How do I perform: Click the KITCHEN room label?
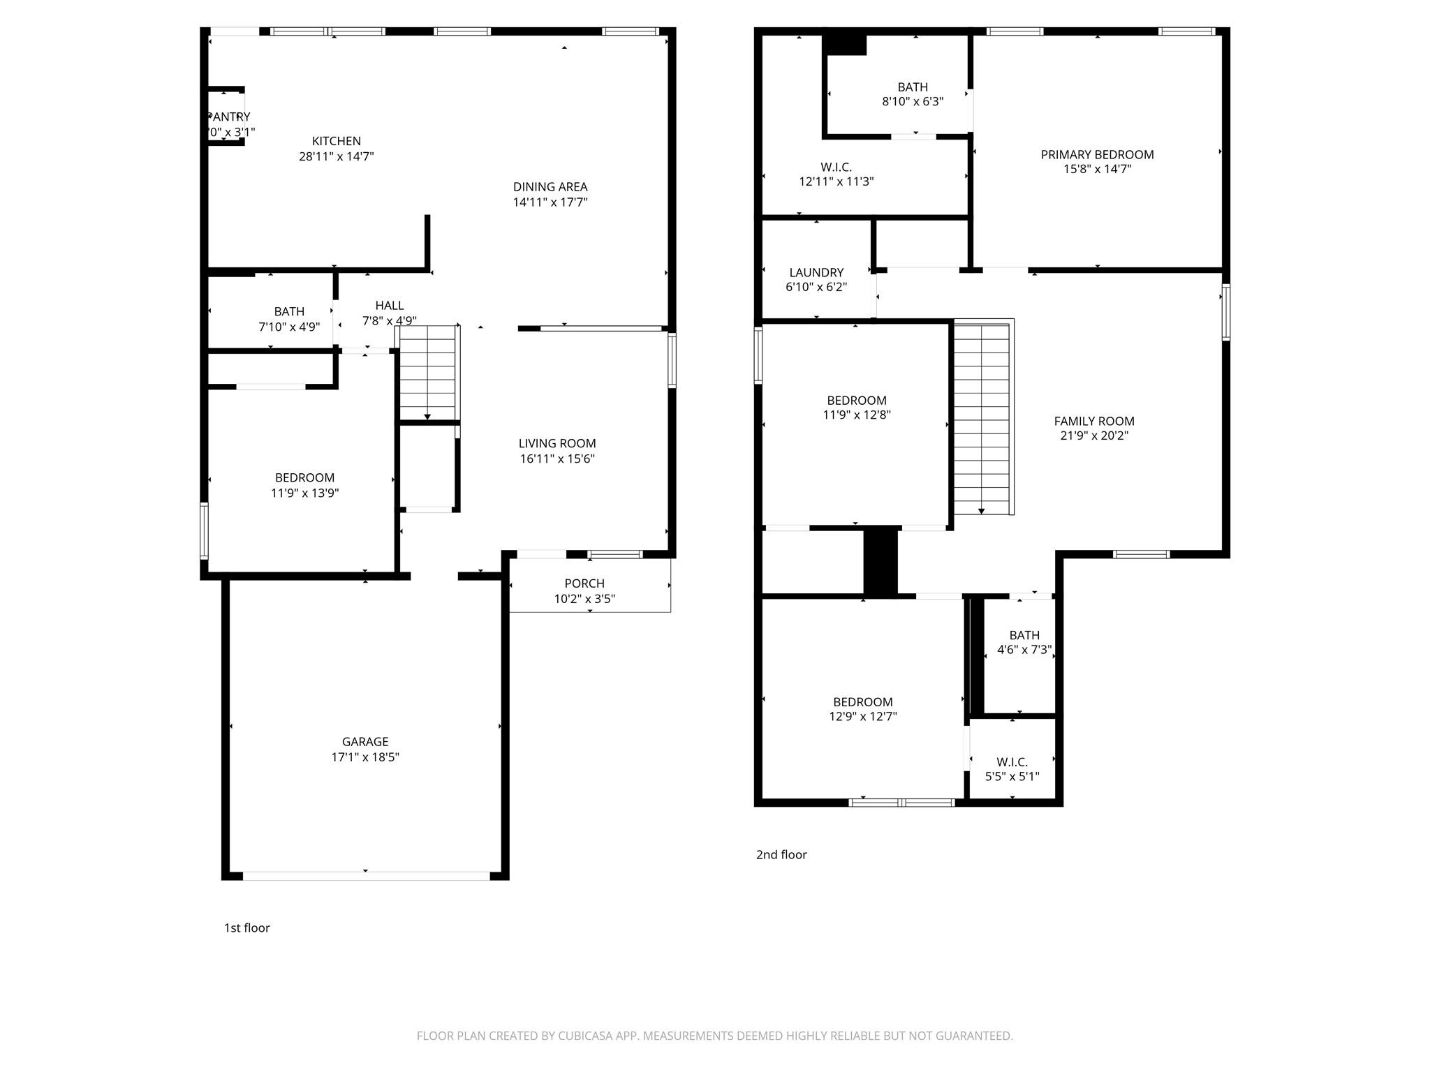[336, 141]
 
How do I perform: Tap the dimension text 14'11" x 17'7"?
[550, 202]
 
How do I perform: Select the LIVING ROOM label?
[556, 443]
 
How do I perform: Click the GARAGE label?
[364, 741]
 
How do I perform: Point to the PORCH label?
[584, 583]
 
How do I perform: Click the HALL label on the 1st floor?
[389, 305]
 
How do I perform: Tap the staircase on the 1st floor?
[427, 373]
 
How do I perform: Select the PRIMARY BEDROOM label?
[1096, 155]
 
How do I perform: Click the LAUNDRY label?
[816, 272]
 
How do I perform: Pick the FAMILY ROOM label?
[1093, 421]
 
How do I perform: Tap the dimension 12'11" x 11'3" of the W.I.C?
[836, 181]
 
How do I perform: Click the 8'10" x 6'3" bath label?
[912, 101]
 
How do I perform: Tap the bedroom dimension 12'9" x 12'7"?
[862, 716]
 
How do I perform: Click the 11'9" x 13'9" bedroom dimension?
[304, 493]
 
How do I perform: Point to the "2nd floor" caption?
[781, 854]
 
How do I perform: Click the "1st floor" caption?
[246, 928]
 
